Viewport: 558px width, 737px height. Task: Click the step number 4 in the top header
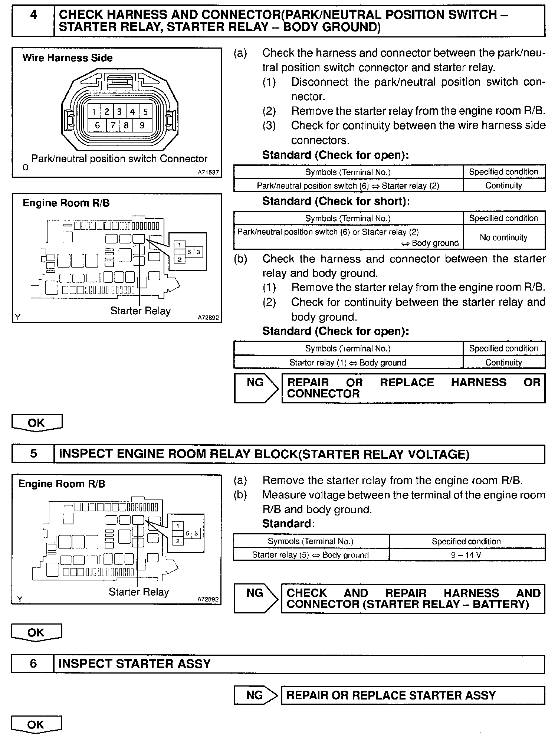(33, 15)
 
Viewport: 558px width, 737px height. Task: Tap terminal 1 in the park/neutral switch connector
(94, 111)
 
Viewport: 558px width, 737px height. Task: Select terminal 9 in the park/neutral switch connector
(142, 125)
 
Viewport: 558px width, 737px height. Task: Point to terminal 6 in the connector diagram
(97, 125)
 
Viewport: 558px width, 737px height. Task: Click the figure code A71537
(208, 173)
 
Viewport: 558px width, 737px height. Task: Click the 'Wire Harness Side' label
(67, 58)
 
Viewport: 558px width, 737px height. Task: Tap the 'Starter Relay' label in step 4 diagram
(140, 311)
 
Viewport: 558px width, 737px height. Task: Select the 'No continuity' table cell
(503, 238)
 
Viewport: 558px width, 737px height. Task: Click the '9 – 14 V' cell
(466, 555)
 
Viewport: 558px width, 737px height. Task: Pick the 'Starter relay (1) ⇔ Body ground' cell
(348, 363)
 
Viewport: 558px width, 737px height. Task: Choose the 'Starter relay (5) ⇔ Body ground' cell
(310, 555)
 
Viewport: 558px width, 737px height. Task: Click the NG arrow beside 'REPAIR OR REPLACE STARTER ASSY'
(256, 695)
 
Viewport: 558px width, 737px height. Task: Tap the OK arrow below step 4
(36, 423)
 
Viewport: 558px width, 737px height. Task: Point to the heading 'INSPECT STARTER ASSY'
(134, 664)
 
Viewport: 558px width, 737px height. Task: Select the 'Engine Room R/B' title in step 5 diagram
(62, 484)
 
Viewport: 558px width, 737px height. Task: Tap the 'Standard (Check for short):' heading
(336, 201)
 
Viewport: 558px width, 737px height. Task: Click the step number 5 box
(33, 454)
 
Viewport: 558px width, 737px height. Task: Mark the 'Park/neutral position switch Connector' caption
(119, 159)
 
